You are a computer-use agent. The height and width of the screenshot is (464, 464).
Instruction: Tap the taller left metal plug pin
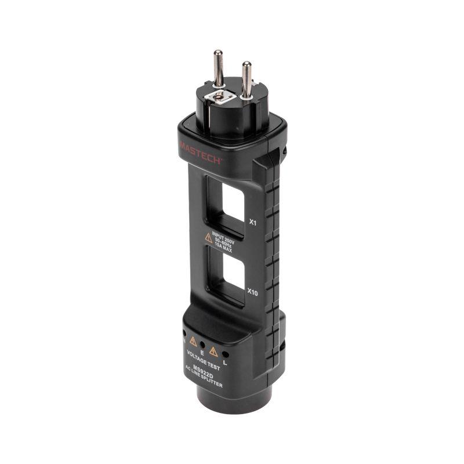tap(219, 68)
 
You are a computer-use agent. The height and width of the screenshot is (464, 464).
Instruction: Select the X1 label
tap(252, 222)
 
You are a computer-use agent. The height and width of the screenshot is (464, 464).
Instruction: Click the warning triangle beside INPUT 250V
tap(208, 237)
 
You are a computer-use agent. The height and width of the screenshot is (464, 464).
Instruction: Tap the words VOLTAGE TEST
tap(200, 358)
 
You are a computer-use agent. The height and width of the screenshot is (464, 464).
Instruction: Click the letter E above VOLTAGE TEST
tap(201, 351)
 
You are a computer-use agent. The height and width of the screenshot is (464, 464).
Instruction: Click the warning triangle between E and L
tap(213, 350)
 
